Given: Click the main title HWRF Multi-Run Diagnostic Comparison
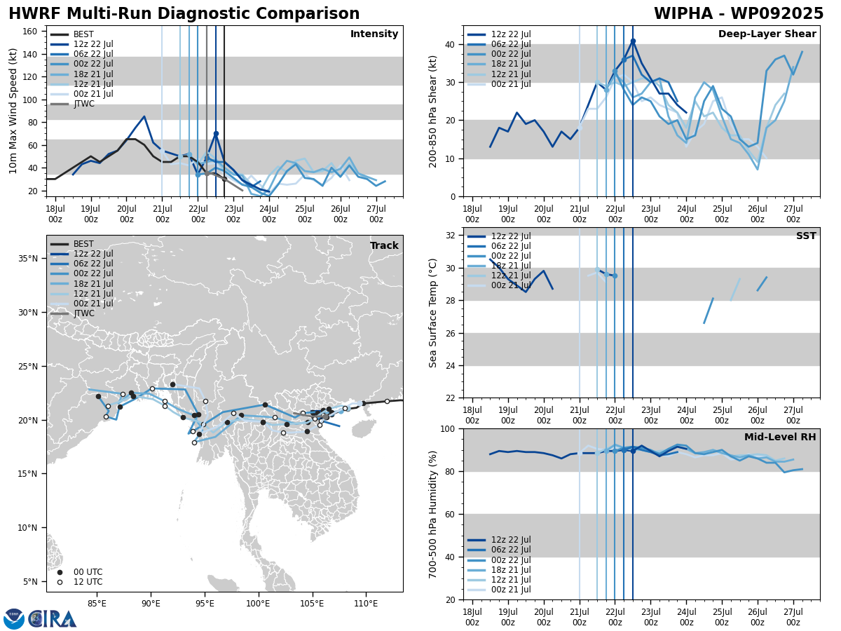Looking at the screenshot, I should point(184,14).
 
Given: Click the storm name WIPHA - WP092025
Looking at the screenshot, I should point(739,14).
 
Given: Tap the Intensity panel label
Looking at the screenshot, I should point(374,34).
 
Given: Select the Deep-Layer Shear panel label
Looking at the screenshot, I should point(767,34).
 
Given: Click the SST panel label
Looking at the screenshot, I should point(805,236).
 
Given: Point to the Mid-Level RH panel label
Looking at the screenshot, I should point(780,437).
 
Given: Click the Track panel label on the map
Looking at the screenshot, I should point(384,246).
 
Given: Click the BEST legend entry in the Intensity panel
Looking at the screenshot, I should point(83,34).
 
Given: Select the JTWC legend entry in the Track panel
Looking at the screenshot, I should point(83,313).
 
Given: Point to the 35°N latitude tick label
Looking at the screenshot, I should point(29,259).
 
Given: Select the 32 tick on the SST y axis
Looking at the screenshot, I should point(451,236).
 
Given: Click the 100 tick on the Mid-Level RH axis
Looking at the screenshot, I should point(449,428).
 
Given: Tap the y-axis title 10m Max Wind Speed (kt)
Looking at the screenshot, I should point(13,111).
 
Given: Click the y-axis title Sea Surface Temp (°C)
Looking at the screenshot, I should point(433,313).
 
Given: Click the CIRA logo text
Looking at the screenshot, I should point(53,618).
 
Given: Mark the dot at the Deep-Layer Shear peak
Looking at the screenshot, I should point(633,41).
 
